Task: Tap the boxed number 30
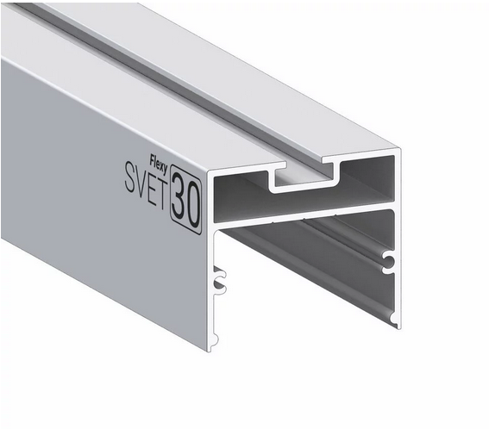(186, 198)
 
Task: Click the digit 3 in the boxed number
(180, 196)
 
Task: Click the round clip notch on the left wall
(221, 279)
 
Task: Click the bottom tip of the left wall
(210, 346)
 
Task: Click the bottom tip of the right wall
(396, 323)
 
